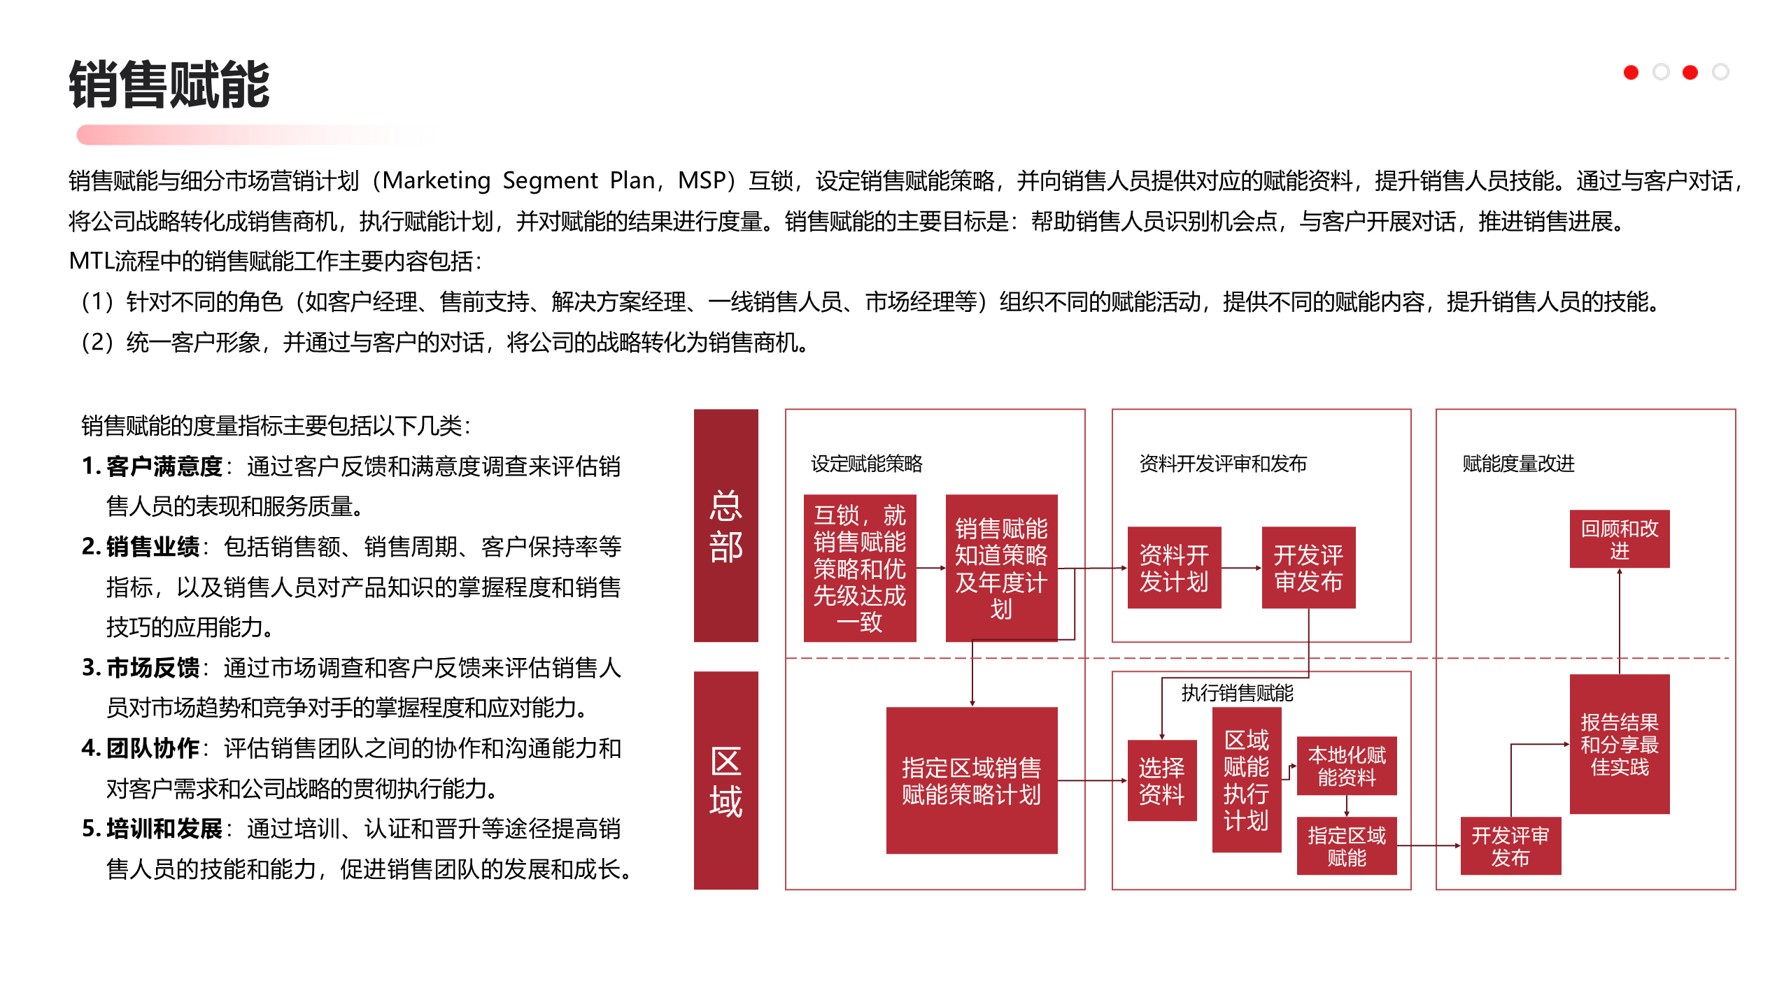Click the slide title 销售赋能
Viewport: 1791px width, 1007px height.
click(x=169, y=85)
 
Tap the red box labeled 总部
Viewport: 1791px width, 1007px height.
click(x=725, y=525)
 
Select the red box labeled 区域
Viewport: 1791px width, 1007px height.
click(x=725, y=780)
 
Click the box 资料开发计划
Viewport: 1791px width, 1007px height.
click(x=1174, y=568)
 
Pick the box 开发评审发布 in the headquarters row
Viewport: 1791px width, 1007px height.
click(x=1308, y=568)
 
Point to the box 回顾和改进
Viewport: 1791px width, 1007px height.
click(x=1619, y=539)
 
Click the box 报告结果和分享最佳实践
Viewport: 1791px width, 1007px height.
click(x=1619, y=744)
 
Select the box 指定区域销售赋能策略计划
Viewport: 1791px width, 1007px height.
click(x=971, y=780)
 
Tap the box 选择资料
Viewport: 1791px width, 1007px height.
click(x=1161, y=780)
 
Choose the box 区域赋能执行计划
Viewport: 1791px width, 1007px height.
click(x=1246, y=780)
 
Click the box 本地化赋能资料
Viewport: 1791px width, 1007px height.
click(x=1346, y=766)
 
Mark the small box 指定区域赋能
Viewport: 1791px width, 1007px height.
click(x=1346, y=846)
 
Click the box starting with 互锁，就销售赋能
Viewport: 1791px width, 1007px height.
click(x=859, y=568)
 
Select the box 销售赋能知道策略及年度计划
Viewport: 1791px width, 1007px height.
click(x=1001, y=568)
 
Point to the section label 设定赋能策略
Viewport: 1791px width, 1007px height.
click(x=866, y=464)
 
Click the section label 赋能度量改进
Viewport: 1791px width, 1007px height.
click(x=1518, y=464)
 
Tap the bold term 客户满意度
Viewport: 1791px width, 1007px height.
click(x=164, y=466)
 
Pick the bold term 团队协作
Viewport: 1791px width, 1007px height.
click(x=153, y=748)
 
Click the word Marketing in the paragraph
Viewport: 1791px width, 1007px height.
click(x=437, y=180)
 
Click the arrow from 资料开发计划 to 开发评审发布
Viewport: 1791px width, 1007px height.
click(x=1241, y=568)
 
